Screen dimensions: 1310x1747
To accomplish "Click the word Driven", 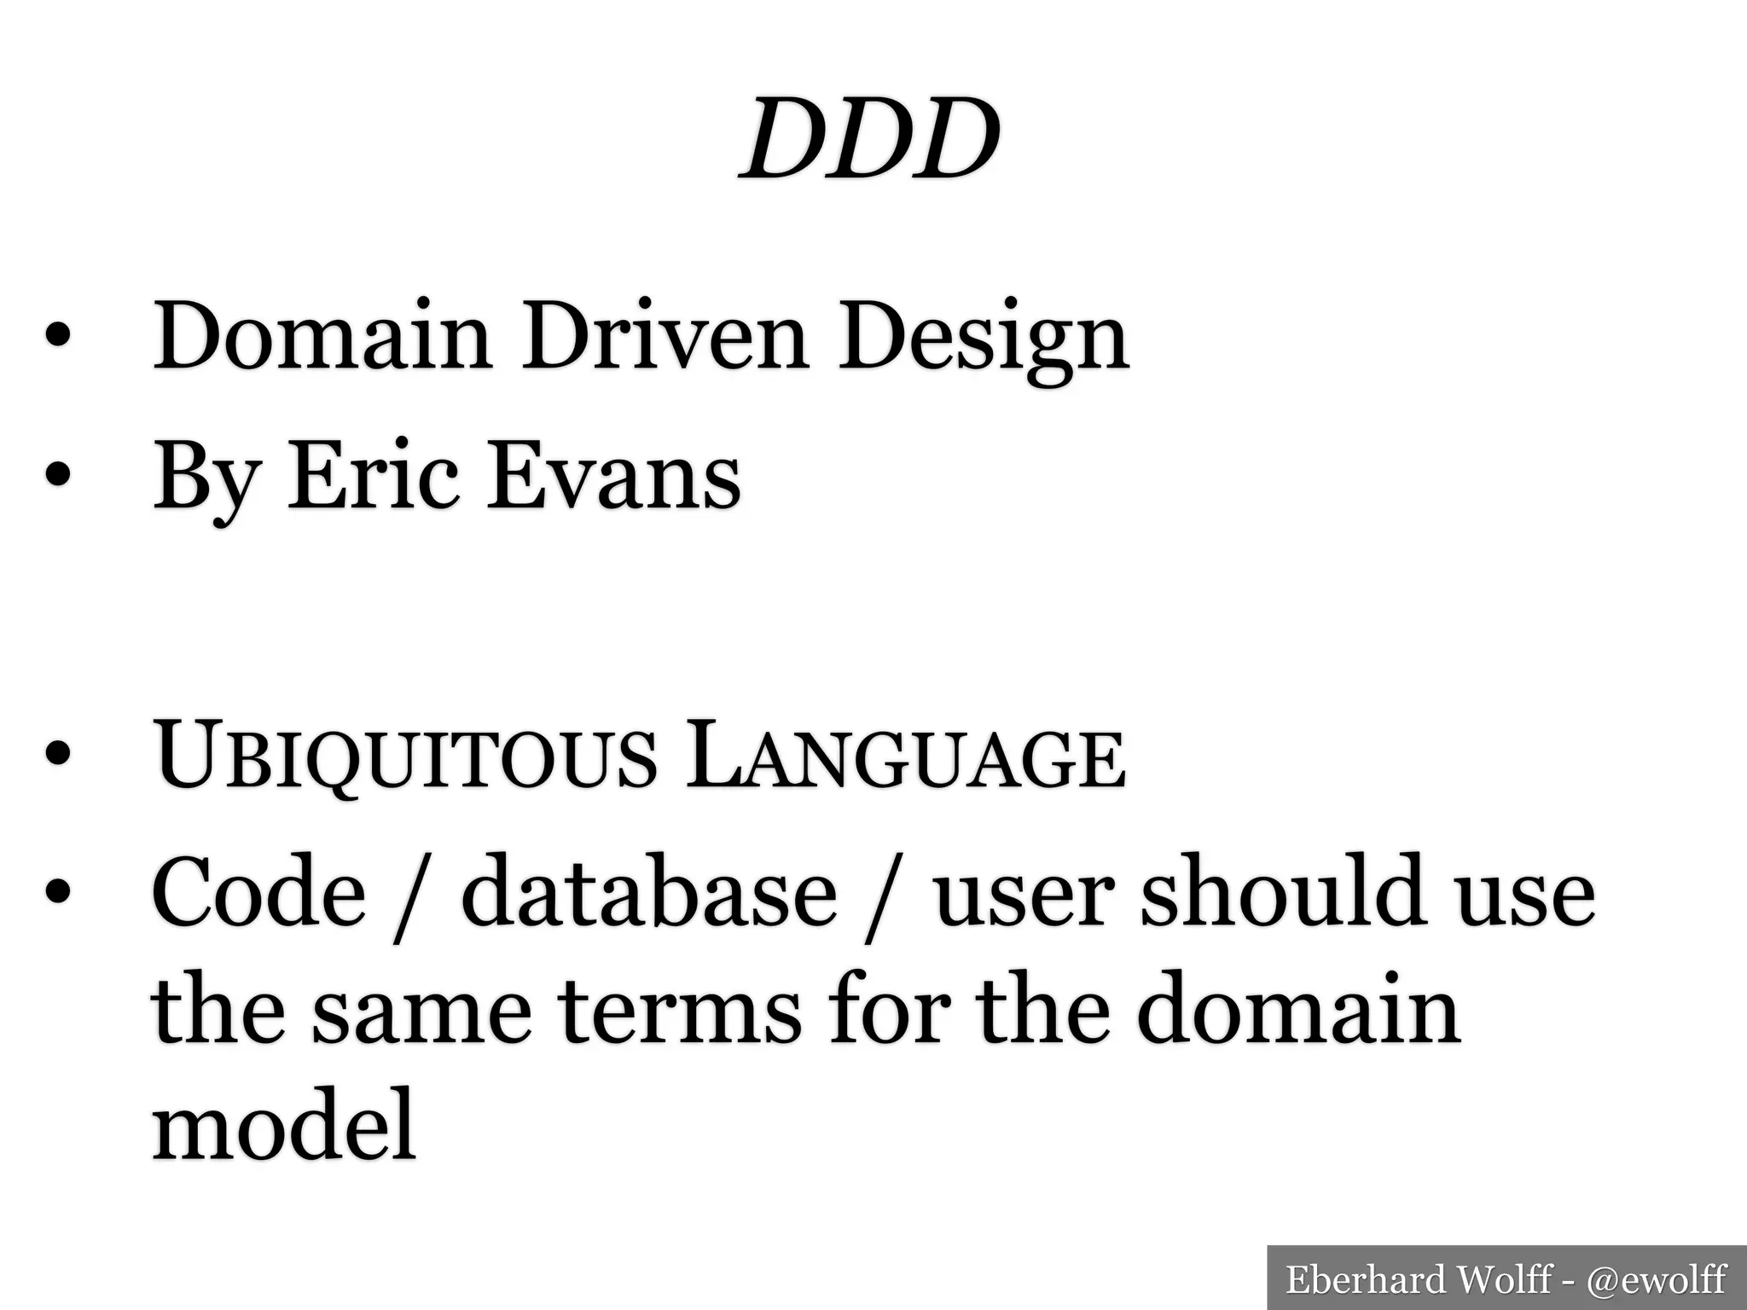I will click(665, 338).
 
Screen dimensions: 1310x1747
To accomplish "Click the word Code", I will click(259, 892).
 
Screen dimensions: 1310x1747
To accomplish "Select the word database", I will click(649, 892).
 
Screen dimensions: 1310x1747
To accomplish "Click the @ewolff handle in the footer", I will click(1656, 1279).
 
